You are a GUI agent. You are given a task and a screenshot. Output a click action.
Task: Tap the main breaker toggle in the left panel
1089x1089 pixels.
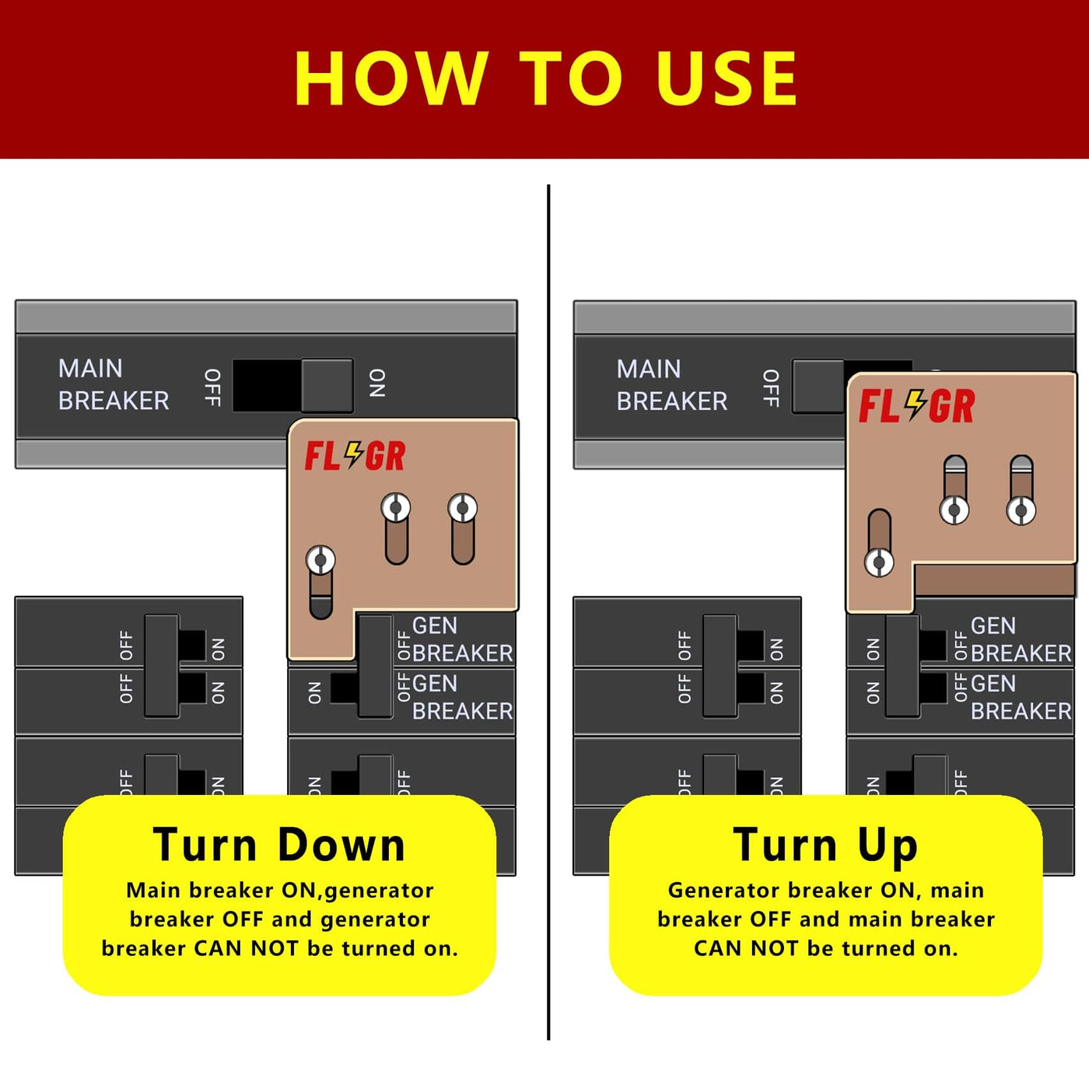click(327, 385)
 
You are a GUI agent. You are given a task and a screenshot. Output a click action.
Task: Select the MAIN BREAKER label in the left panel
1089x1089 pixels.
click(114, 384)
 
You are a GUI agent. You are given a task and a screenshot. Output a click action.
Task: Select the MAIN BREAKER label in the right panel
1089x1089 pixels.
click(672, 385)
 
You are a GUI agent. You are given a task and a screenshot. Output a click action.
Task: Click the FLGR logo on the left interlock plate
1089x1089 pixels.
click(355, 456)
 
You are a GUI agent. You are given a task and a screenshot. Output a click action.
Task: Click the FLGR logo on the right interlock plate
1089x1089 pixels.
click(916, 405)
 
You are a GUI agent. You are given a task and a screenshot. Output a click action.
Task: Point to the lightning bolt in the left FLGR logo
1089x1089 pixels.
click(354, 455)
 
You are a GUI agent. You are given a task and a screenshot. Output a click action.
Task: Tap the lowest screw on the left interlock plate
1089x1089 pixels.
click(320, 560)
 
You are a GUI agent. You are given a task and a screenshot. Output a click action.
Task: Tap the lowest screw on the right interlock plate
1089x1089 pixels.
click(879, 563)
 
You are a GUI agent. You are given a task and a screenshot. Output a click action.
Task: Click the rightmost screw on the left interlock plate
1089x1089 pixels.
click(462, 508)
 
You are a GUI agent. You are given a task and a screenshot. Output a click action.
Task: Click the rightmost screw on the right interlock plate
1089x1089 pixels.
click(1021, 511)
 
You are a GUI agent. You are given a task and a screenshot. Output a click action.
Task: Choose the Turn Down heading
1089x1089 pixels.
click(279, 845)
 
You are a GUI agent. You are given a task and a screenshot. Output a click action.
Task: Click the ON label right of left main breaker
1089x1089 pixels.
click(377, 383)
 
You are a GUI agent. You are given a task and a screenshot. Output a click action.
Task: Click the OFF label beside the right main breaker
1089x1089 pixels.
click(771, 388)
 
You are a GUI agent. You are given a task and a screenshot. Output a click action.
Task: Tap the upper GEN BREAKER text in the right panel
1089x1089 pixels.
click(1021, 639)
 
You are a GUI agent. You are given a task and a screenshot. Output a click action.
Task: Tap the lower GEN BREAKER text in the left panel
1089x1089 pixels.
click(462, 698)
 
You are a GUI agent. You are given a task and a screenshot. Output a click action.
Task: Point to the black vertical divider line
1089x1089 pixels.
click(548, 613)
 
